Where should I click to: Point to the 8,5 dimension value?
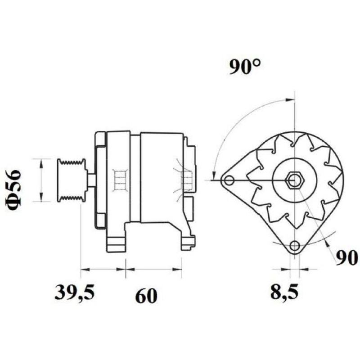285,292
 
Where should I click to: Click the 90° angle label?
245,67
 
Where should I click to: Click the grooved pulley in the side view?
72,180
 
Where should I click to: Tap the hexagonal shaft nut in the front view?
295,180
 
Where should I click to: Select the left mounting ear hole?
229,180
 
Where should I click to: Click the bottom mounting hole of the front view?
295,246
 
